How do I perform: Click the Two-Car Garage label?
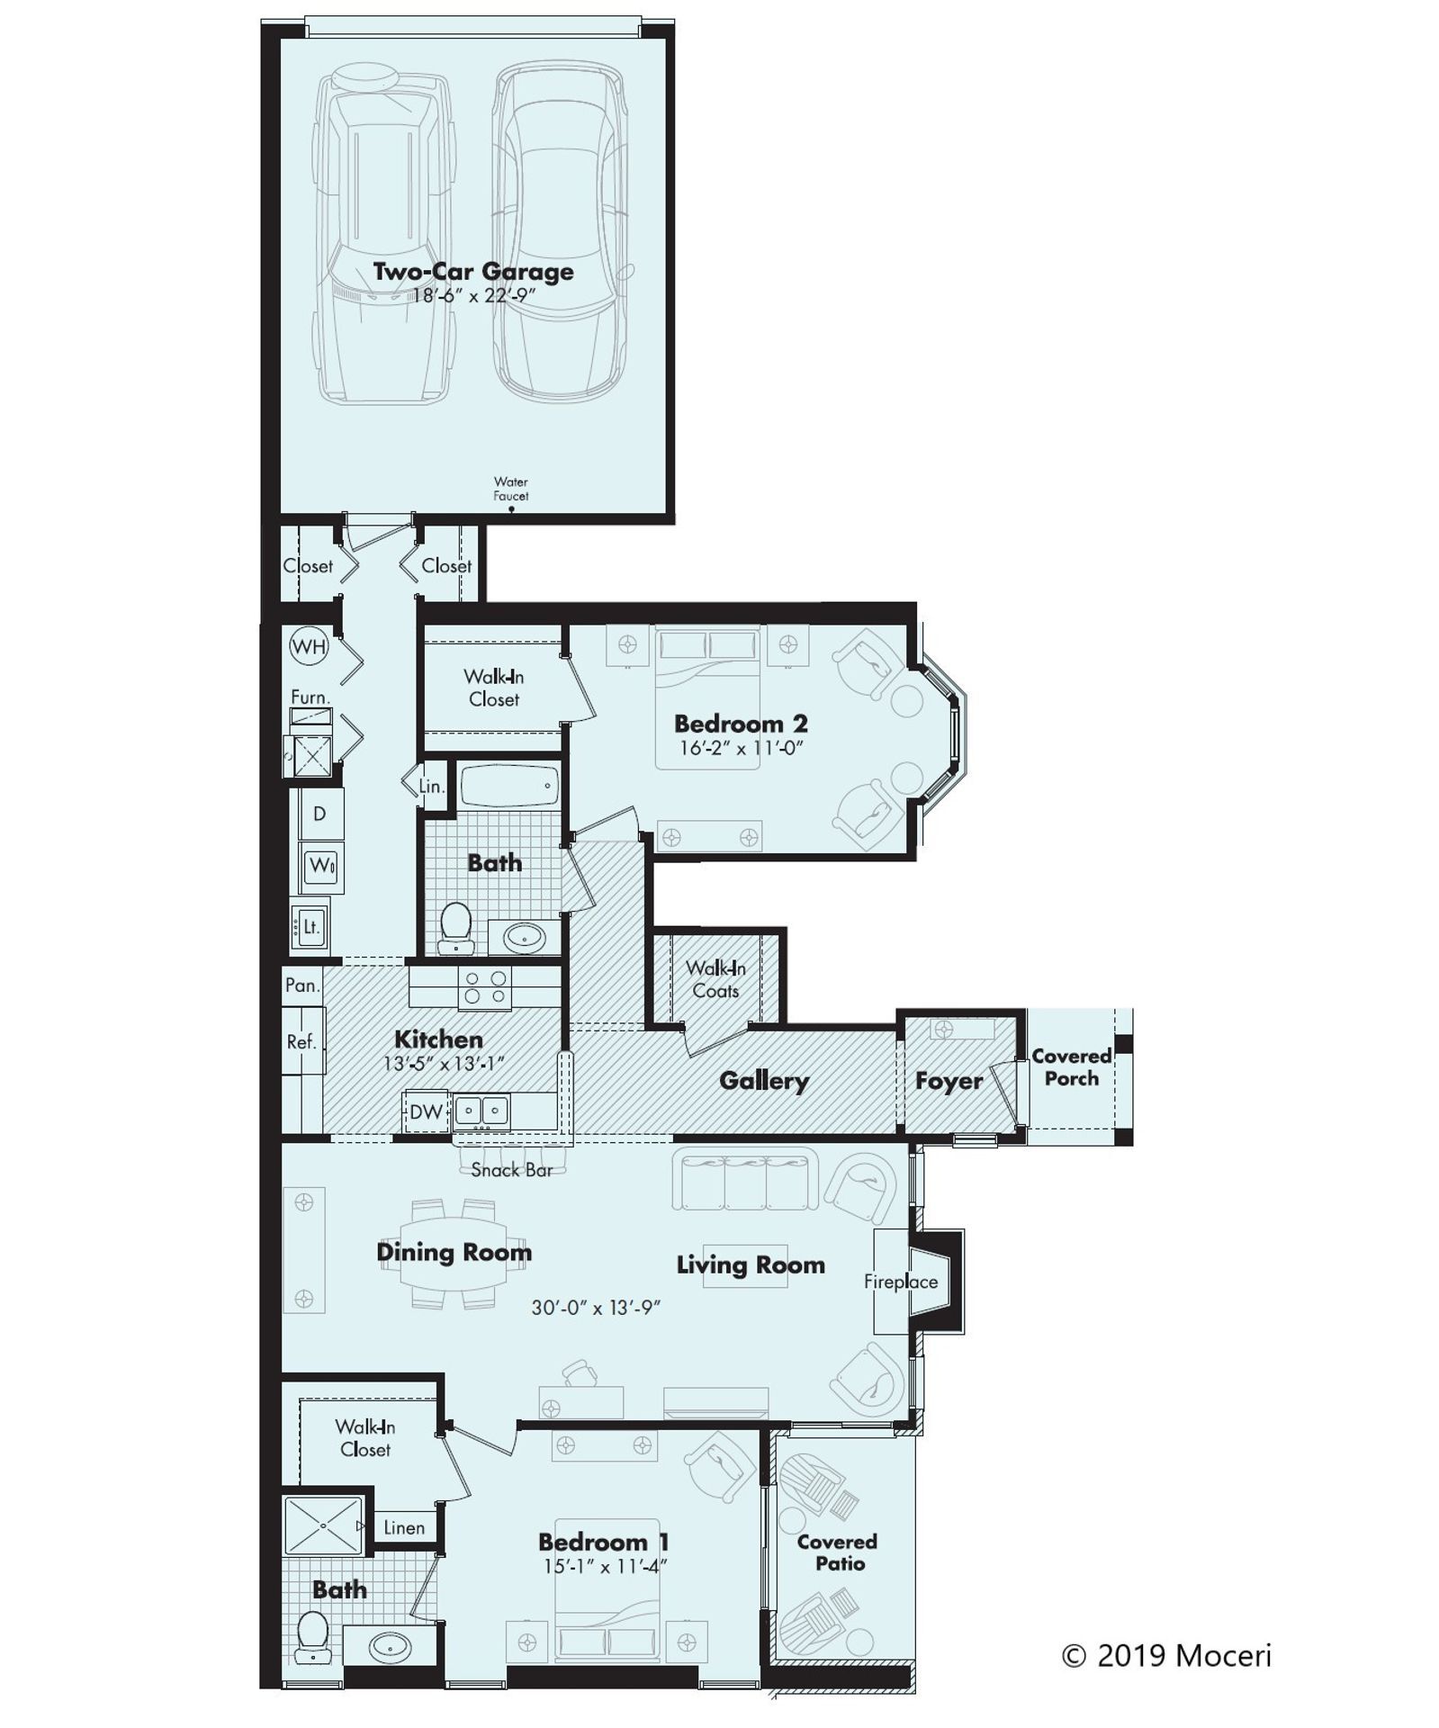[x=473, y=271]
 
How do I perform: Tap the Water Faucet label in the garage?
[x=510, y=489]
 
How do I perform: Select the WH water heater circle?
[x=309, y=646]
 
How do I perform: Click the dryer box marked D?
[x=320, y=814]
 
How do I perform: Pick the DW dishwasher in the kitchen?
[x=426, y=1111]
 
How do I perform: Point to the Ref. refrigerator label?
[x=301, y=1041]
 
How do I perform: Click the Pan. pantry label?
[x=301, y=985]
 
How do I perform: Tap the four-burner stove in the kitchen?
[x=485, y=986]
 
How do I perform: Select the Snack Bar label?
[x=511, y=1170]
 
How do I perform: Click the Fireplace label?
[x=901, y=1282]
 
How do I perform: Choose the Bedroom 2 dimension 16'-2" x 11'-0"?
[x=741, y=748]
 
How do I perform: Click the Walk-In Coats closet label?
[x=715, y=979]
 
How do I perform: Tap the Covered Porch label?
[x=1071, y=1066]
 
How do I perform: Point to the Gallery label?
[x=763, y=1081]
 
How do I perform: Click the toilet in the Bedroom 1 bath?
[x=311, y=1635]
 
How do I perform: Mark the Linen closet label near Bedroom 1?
[x=403, y=1527]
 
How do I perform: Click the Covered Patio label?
[x=837, y=1552]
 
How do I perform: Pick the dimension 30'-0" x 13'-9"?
[x=596, y=1308]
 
